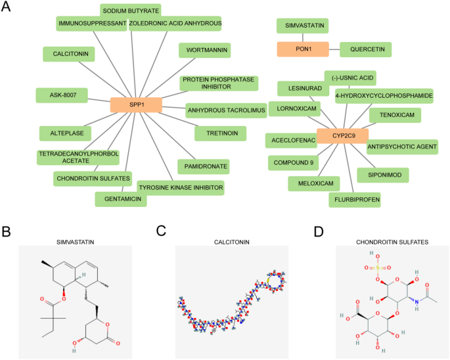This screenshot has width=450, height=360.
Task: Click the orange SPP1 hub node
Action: click(x=136, y=104)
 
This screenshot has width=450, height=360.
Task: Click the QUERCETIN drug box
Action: click(x=366, y=49)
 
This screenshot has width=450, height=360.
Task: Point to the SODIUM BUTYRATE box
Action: click(x=130, y=11)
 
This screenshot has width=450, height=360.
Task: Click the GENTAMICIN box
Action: click(x=121, y=198)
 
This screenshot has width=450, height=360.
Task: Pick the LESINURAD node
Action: click(x=299, y=87)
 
